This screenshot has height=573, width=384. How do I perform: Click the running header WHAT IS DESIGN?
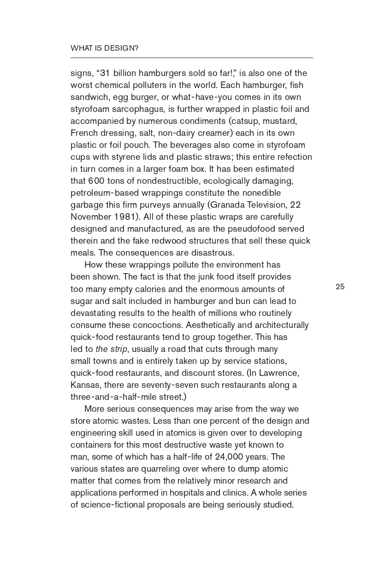[x=104, y=48]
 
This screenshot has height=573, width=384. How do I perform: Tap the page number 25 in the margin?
[x=340, y=286]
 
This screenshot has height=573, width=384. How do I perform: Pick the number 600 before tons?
[x=96, y=181]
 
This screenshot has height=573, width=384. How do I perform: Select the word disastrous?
[x=212, y=253]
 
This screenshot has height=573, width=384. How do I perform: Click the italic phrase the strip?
[x=111, y=349]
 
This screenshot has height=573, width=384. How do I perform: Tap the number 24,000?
[x=230, y=456]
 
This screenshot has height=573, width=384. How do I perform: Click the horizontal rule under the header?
[x=191, y=58]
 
